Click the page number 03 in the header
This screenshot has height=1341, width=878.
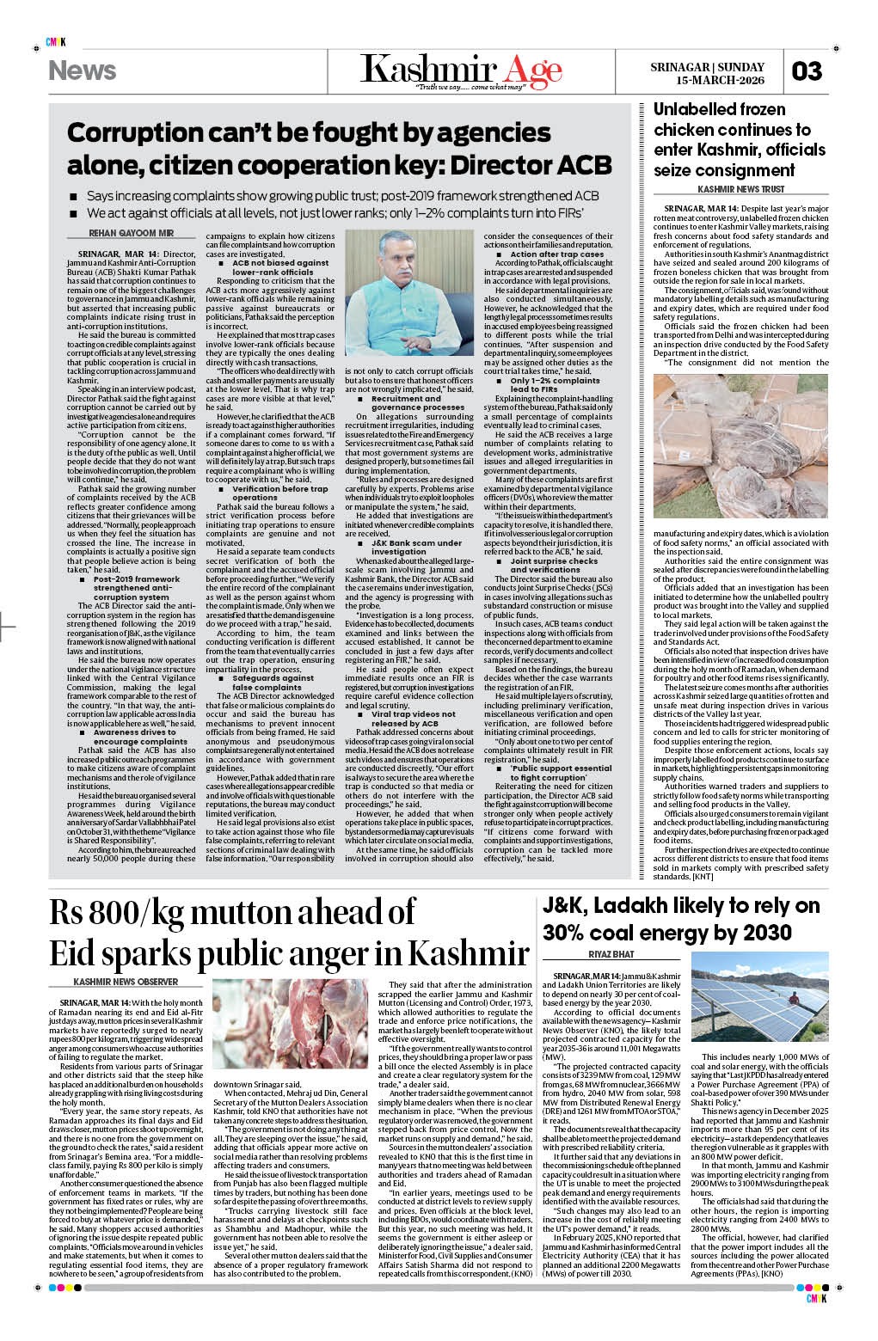tap(807, 70)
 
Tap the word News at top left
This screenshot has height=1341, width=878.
tap(83, 70)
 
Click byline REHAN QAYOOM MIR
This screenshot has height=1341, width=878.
tap(132, 233)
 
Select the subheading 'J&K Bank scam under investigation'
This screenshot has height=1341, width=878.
tap(416, 548)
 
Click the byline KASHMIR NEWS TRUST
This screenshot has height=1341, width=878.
tap(740, 189)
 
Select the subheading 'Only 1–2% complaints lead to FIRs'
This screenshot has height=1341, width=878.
tap(555, 384)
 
